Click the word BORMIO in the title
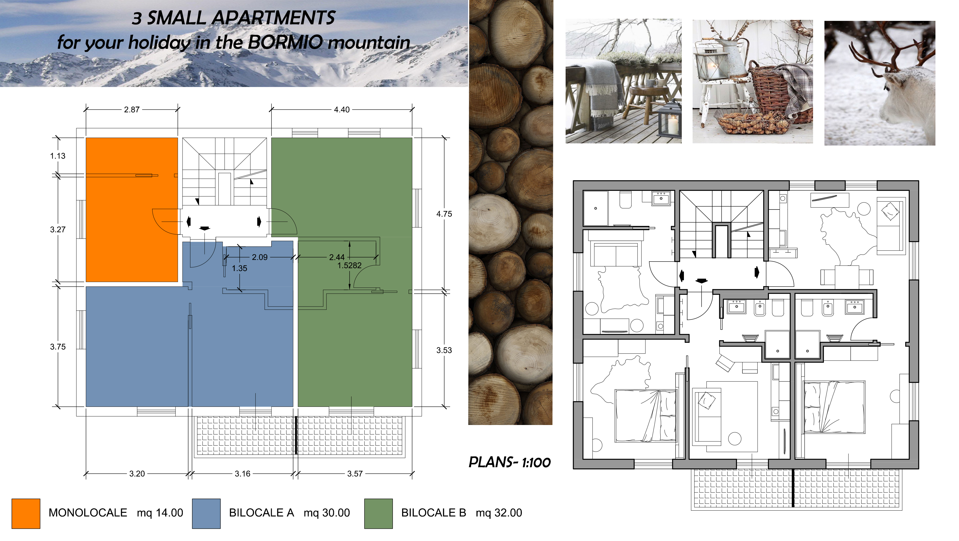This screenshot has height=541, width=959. (285, 43)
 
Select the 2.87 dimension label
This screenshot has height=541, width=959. (132, 110)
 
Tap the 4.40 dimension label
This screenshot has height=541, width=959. (342, 110)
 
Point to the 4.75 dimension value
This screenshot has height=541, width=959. (444, 214)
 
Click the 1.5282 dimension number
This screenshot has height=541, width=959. (350, 265)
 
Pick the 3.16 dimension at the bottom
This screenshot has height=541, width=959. (243, 474)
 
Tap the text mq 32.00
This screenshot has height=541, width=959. (499, 513)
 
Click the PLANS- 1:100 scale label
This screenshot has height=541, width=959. (510, 462)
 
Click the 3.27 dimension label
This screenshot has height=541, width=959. (58, 230)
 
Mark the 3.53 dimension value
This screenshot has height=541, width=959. (444, 350)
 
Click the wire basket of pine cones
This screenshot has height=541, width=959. (753, 123)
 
